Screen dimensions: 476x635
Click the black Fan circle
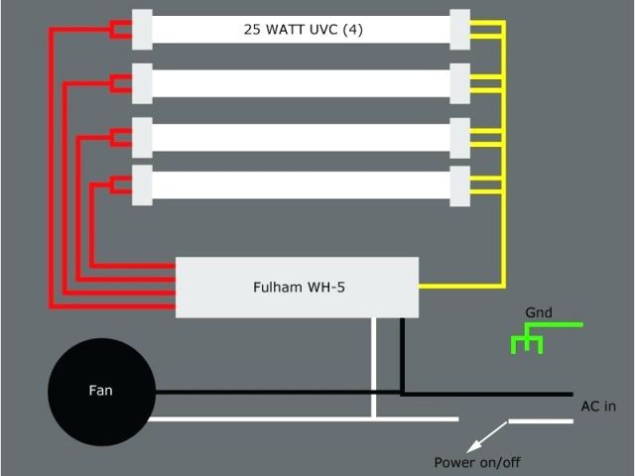coord(101,391)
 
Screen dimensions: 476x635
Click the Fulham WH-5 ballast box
coord(297,288)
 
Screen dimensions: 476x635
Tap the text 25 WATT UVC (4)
coord(303,30)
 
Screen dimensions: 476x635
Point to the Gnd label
coord(539,313)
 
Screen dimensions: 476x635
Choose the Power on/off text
coord(477,462)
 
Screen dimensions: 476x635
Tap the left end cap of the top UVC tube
coord(142,29)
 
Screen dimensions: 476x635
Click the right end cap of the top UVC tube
coord(459,29)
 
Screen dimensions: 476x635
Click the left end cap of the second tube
coord(142,83)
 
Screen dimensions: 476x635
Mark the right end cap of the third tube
coord(459,137)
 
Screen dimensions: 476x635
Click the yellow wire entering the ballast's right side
coord(456,287)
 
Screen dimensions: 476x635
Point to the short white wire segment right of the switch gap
coord(541,420)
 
